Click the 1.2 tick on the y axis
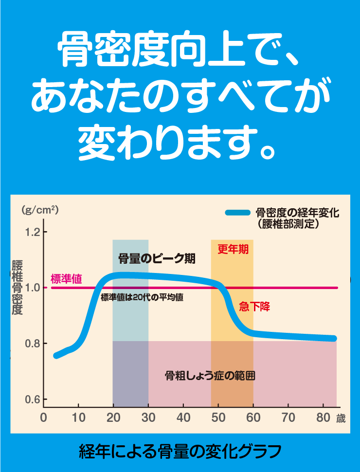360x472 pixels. pyautogui.click(x=32, y=232)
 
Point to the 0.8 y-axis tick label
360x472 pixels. pyautogui.click(x=32, y=344)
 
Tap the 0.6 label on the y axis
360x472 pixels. pyautogui.click(x=32, y=399)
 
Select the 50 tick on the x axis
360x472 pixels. pyautogui.click(x=218, y=418)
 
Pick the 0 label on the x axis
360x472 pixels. pyautogui.click(x=43, y=418)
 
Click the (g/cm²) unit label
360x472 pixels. pyautogui.click(x=40, y=210)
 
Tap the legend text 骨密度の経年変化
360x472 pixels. pyautogui.click(x=297, y=213)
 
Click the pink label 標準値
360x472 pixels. pyautogui.click(x=66, y=279)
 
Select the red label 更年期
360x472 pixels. pyautogui.click(x=233, y=250)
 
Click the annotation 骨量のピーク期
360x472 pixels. pyautogui.click(x=157, y=258)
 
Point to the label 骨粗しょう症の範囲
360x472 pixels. pyautogui.click(x=210, y=376)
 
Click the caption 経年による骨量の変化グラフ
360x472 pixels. pyautogui.click(x=180, y=452)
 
